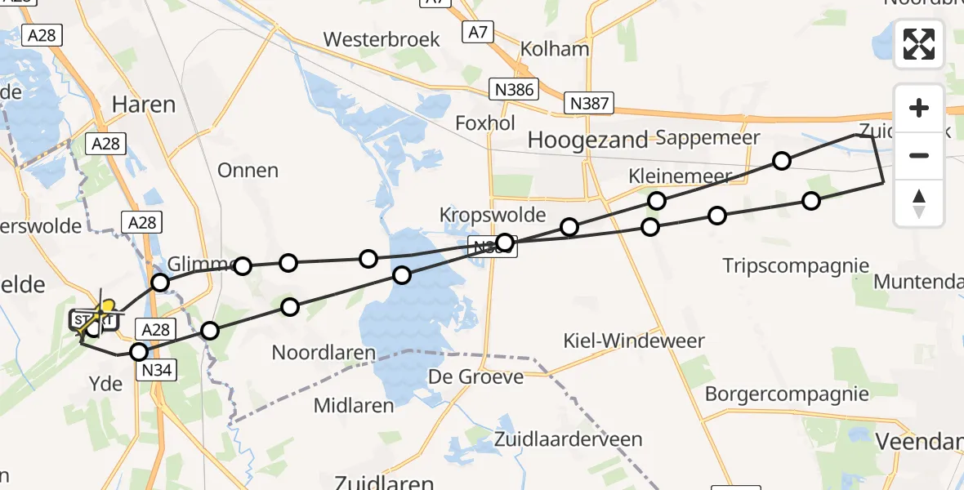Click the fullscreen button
point(919,44)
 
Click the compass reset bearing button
point(919,203)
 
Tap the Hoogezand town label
point(587,140)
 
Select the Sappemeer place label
point(707,137)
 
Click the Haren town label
point(144,105)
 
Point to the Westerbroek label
point(382,39)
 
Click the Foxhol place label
point(485,123)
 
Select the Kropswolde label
point(492,215)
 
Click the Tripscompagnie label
point(797,265)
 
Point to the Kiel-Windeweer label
point(633,340)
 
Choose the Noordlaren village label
point(324,354)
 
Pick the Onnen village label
point(248,171)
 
